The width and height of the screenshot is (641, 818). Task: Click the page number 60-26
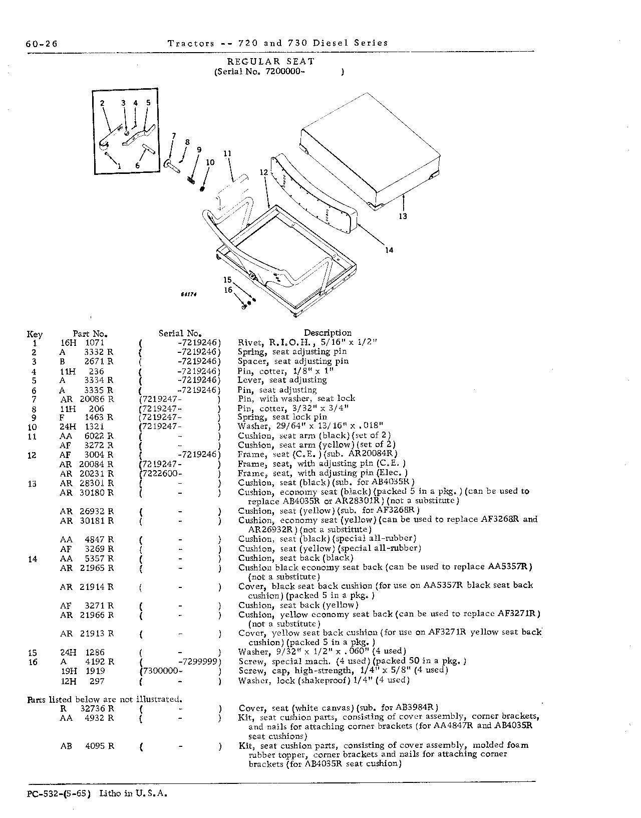pos(42,44)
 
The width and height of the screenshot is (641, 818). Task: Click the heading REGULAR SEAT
pos(271,61)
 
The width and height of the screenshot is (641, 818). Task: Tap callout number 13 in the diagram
pos(403,216)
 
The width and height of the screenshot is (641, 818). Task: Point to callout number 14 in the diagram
pos(389,250)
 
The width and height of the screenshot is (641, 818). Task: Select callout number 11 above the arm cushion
pos(227,153)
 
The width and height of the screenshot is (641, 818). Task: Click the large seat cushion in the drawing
pos(370,150)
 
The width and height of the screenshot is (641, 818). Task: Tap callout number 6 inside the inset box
pos(138,165)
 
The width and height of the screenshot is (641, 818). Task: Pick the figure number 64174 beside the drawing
pos(189,294)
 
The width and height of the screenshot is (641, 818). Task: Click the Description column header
pos(328,333)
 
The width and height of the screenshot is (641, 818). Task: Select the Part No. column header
pos(90,333)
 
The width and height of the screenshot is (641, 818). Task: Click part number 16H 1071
pos(82,342)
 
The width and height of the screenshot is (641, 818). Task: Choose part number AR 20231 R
pos(87,474)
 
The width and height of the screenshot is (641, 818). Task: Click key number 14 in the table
pos(33,559)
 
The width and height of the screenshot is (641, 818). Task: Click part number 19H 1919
pos(83,671)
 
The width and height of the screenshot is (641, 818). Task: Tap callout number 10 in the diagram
pos(210,162)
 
